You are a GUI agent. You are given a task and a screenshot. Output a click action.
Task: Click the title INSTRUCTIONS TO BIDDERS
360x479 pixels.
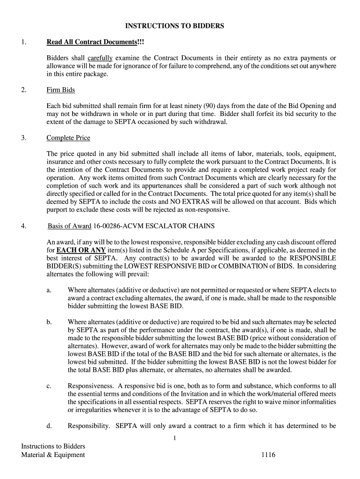180,26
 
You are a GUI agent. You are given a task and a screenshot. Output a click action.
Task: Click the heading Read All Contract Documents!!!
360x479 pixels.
95,43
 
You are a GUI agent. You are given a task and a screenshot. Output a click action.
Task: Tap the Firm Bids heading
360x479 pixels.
61,90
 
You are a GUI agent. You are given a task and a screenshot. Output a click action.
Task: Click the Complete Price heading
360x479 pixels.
68,138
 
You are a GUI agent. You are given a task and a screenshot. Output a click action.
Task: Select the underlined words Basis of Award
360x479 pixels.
69,226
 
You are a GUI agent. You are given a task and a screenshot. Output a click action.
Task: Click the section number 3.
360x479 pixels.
23,138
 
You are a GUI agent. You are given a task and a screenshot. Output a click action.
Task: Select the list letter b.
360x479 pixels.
49,322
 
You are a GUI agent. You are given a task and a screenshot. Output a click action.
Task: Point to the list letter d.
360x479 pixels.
49,426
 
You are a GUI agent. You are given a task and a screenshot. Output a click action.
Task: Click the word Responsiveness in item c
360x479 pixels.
91,386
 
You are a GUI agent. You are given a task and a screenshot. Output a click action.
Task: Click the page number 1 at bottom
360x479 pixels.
174,438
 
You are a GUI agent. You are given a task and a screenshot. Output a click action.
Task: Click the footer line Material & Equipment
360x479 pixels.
53,455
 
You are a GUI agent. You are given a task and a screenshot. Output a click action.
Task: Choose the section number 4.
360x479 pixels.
23,226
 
